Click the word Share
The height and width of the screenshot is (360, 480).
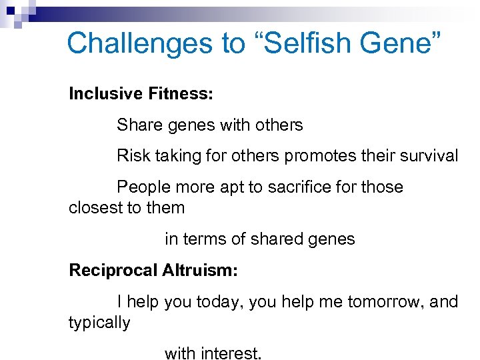[137, 125]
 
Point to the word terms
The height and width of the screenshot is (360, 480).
[203, 239]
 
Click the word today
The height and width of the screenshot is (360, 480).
[221, 302]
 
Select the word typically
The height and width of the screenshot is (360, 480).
[99, 323]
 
